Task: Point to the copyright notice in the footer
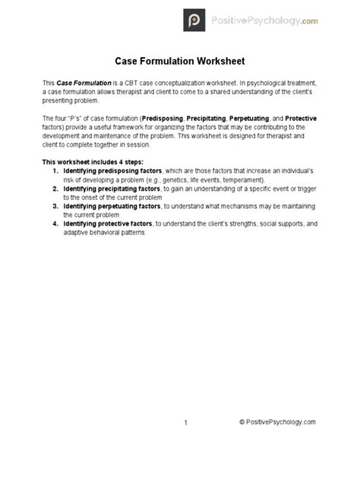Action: [277, 423]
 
